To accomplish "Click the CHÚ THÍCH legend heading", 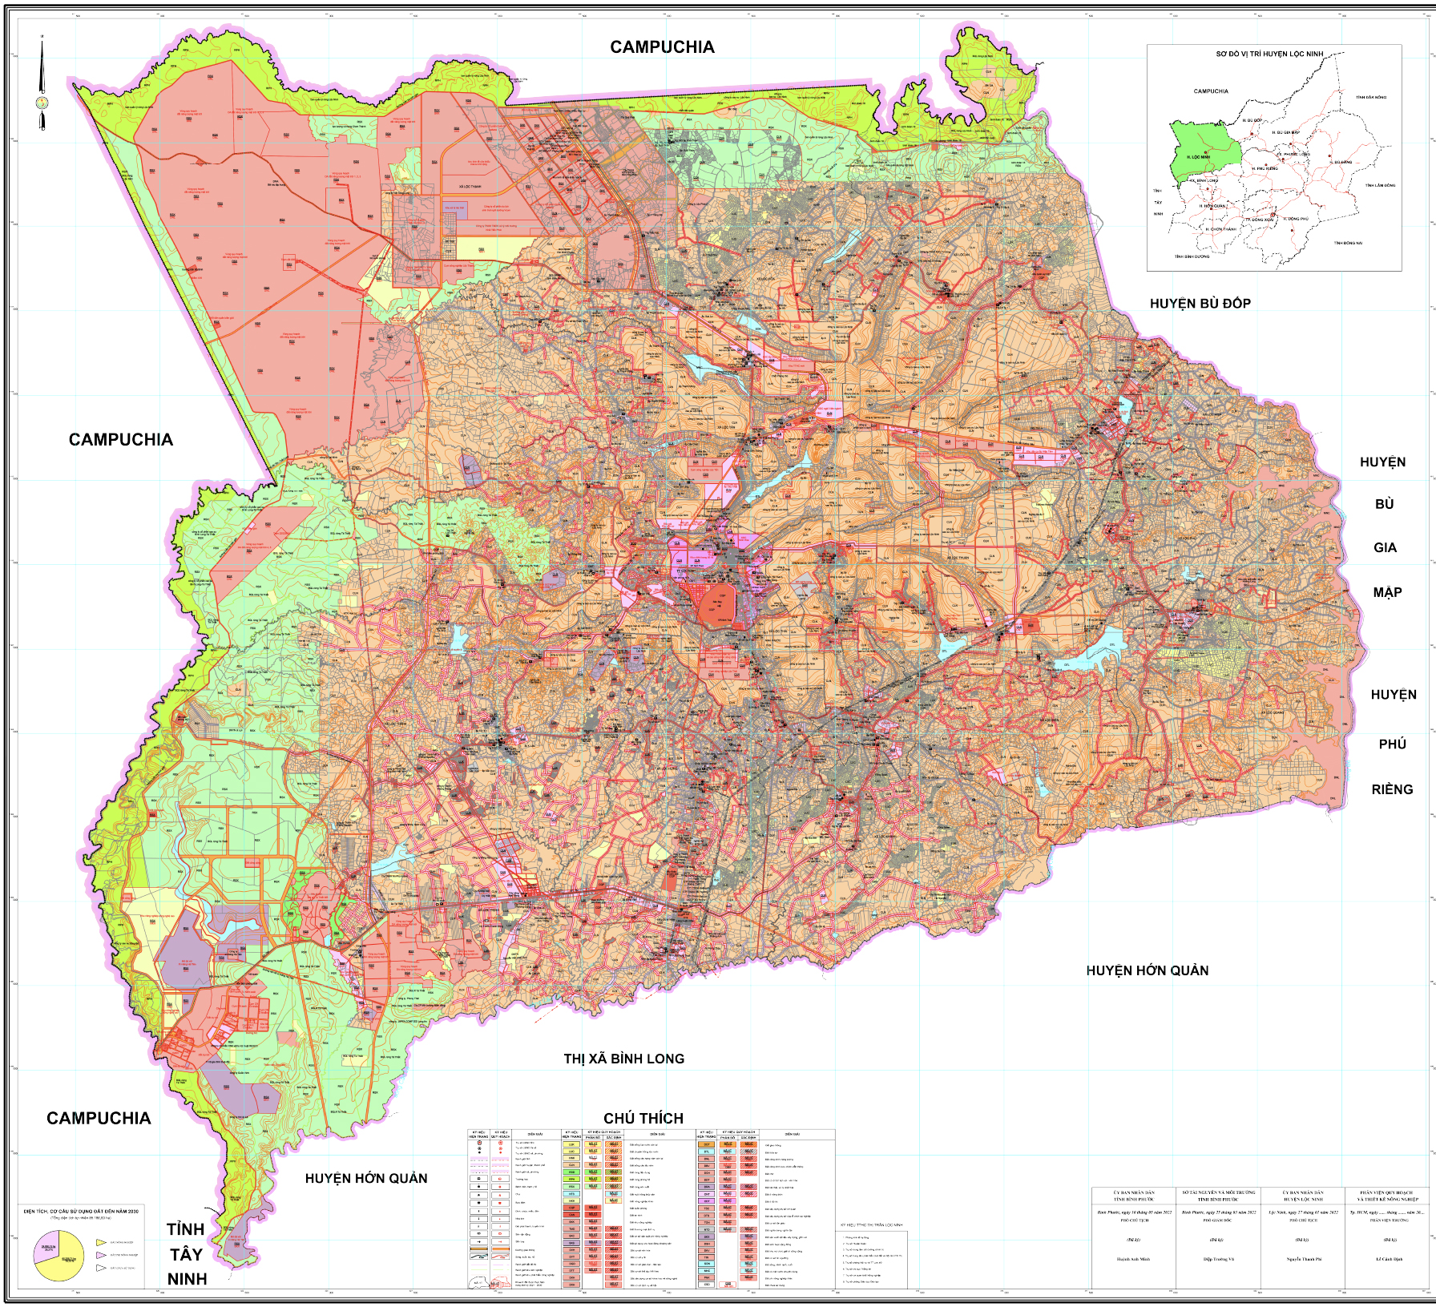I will click(x=643, y=1118).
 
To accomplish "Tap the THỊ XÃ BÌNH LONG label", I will click(x=623, y=1059).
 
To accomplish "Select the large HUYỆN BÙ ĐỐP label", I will click(x=1200, y=303).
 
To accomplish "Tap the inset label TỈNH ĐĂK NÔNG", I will click(x=1371, y=97).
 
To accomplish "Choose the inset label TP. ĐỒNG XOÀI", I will click(x=1259, y=219).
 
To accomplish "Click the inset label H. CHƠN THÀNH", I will click(x=1220, y=229).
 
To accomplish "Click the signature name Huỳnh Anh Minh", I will click(x=1133, y=1259).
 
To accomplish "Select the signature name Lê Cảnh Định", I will click(x=1389, y=1259).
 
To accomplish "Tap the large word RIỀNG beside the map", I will click(x=1392, y=789).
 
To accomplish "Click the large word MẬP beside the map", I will click(x=1387, y=592).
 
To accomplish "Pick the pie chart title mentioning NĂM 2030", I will click(x=81, y=1211).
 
